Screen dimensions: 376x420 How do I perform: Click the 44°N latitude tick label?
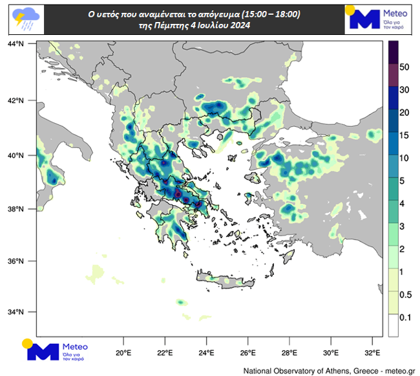coord(16,43)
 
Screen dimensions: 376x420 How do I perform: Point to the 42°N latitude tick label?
coord(16,101)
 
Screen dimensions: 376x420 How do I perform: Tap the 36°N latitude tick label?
coord(16,261)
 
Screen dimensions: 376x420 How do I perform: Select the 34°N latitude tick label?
coord(16,312)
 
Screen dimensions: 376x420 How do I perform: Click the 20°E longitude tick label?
coord(123,353)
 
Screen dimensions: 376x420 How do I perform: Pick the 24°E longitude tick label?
coord(207,353)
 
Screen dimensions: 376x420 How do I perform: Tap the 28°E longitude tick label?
coord(289,353)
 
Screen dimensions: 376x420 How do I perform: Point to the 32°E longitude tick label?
coord(372,353)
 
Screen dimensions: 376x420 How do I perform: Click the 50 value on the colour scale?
coord(405,67)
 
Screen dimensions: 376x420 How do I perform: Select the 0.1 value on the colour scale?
coord(405,317)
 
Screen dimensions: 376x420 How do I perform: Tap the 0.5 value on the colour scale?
coord(405,294)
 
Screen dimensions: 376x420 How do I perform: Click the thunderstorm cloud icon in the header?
coord(23,19)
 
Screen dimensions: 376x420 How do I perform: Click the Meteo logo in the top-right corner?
coord(379,18)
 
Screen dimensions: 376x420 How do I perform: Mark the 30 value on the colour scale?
coord(405,90)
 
